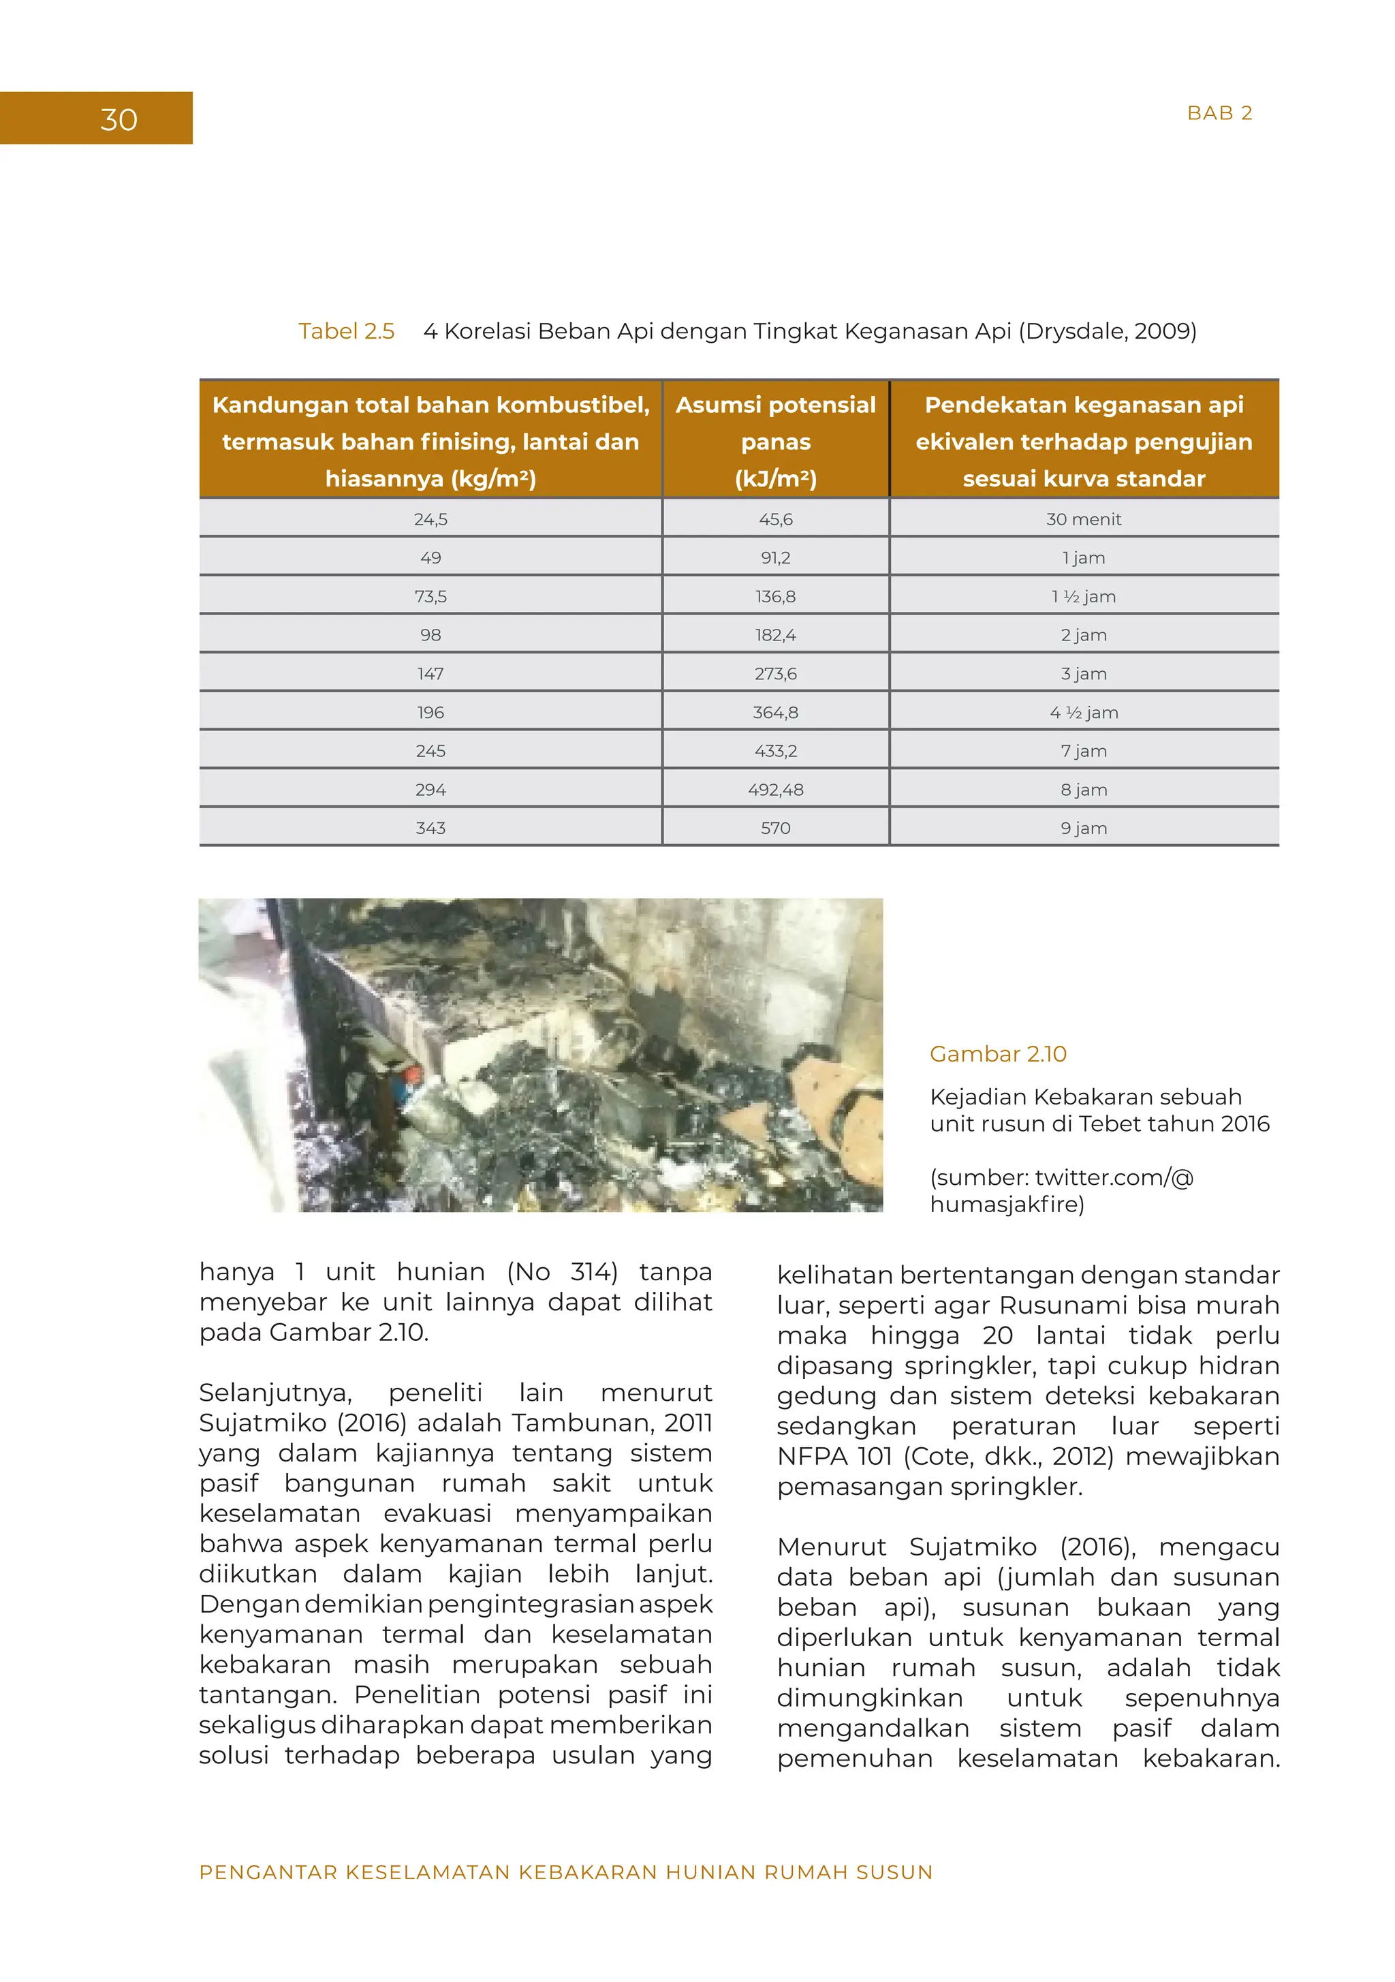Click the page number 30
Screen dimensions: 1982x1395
tap(119, 119)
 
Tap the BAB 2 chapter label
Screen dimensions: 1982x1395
tap(1219, 113)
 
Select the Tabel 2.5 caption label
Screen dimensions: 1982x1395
tap(346, 332)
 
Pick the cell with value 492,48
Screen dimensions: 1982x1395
tap(775, 790)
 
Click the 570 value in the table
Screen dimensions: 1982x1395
tap(775, 829)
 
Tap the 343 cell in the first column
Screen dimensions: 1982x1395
tap(430, 829)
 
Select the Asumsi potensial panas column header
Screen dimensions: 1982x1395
tap(775, 441)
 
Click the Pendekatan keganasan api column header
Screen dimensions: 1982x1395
tap(1083, 441)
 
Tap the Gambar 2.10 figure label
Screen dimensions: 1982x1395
tap(997, 1054)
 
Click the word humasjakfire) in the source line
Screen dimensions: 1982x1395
tap(1007, 1204)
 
